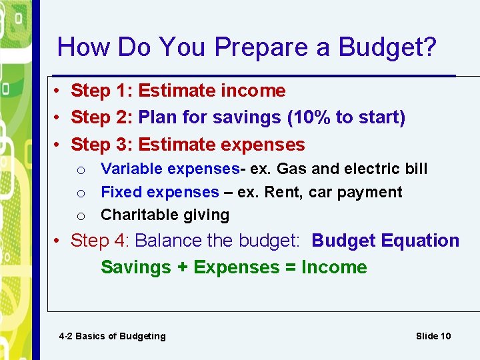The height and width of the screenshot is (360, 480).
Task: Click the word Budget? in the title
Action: click(387, 47)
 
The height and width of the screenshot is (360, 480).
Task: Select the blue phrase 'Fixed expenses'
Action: click(159, 192)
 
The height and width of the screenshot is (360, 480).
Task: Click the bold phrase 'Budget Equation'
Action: click(385, 241)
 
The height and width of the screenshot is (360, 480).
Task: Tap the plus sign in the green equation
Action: click(182, 267)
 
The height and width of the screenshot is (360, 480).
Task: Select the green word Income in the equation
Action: click(334, 267)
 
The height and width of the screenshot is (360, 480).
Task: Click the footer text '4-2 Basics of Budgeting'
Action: click(112, 336)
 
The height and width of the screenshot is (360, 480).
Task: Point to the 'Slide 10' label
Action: click(433, 336)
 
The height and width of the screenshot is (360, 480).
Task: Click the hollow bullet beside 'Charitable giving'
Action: click(80, 216)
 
